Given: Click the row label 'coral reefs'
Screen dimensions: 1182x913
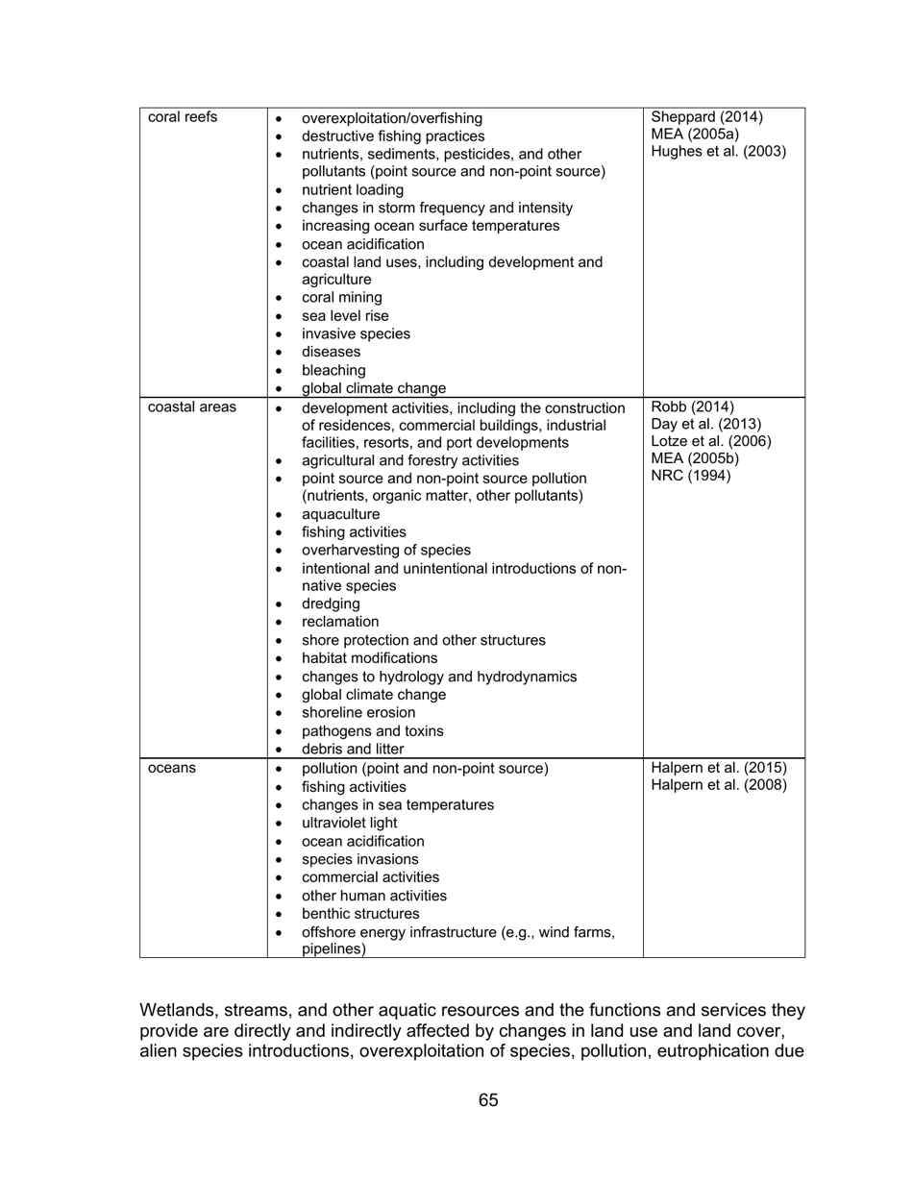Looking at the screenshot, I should click(183, 117).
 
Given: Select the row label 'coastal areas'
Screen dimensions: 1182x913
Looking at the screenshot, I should click(191, 407).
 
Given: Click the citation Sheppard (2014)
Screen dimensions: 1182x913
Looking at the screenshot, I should click(707, 117).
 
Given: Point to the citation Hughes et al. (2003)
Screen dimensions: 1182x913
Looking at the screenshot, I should click(719, 152).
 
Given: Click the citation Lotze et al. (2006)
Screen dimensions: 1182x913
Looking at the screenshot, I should click(711, 441).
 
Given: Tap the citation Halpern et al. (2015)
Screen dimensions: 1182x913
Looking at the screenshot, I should click(719, 768).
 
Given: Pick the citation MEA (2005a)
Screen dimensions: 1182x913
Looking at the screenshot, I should click(695, 135).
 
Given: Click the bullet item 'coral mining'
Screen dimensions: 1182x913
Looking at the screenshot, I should click(341, 298).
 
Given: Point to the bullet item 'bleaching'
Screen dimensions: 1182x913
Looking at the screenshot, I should click(333, 370).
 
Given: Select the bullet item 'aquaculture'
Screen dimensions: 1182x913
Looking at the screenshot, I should click(340, 514).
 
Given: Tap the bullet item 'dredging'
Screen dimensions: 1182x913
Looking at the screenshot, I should click(331, 603).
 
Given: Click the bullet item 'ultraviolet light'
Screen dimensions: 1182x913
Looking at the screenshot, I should click(349, 823).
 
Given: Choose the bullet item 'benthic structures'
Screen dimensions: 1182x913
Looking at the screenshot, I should click(360, 913).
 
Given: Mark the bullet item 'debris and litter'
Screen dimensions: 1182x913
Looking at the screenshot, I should click(353, 749).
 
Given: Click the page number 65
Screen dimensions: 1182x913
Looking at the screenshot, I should click(488, 1099).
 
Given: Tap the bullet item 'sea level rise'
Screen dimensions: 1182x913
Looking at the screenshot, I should click(345, 316).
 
